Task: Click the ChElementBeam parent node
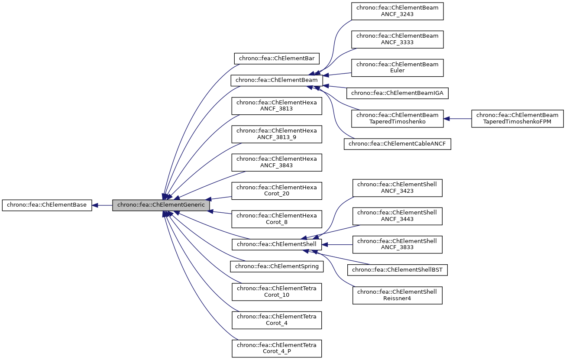click(277, 81)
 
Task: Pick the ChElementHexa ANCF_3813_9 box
click(277, 134)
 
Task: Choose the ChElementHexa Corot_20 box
click(277, 191)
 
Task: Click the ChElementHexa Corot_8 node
click(277, 219)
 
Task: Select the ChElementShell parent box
click(277, 244)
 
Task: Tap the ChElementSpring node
click(277, 266)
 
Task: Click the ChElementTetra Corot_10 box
click(277, 292)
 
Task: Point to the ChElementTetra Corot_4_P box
click(277, 348)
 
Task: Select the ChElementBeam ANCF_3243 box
click(397, 11)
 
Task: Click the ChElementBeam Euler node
click(397, 68)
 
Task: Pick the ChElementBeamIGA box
click(397, 93)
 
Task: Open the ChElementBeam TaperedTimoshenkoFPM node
click(517, 118)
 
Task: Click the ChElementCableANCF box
click(397, 144)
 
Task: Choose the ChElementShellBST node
click(397, 270)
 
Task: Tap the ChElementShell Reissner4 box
click(397, 295)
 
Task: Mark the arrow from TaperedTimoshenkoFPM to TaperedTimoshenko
click(457, 118)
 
